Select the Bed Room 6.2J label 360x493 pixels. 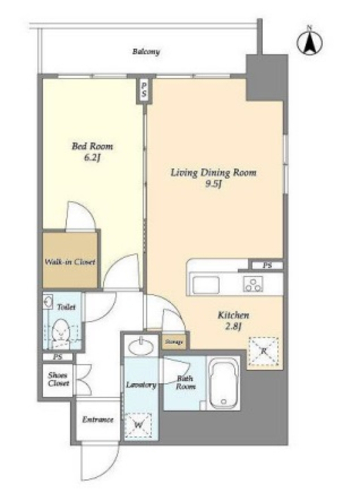pyautogui.click(x=92, y=152)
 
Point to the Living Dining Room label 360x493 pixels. pyautogui.click(x=213, y=173)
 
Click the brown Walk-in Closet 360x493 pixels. pyautogui.click(x=69, y=259)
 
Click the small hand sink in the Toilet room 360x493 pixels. pyautogui.click(x=48, y=302)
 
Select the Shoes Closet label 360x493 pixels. pyautogui.click(x=58, y=379)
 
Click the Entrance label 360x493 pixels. pyautogui.click(x=98, y=419)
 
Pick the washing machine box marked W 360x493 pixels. pyautogui.click(x=138, y=425)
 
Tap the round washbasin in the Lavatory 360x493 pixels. pyautogui.click(x=141, y=347)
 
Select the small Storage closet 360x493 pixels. pyautogui.click(x=174, y=342)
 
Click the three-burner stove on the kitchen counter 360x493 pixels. pyautogui.click(x=253, y=284)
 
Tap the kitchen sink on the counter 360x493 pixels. pyautogui.click(x=206, y=285)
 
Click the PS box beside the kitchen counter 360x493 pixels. pyautogui.click(x=267, y=266)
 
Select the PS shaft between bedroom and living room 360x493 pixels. pyautogui.click(x=144, y=90)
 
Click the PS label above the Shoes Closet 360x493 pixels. pyautogui.click(x=58, y=357)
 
